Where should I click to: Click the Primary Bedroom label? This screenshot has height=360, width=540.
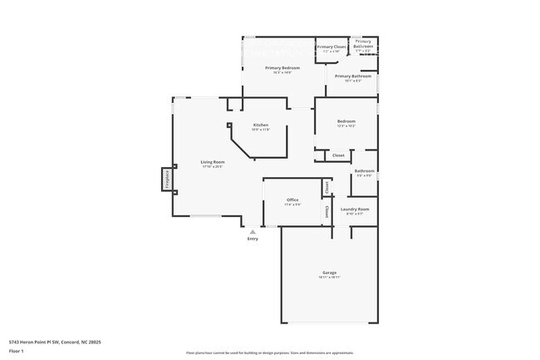(282, 67)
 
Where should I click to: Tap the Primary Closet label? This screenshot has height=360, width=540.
(331, 47)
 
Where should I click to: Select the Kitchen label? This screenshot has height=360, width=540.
(261, 125)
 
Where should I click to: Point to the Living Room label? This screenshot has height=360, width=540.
(213, 161)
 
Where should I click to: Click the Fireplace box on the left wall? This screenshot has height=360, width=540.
(166, 180)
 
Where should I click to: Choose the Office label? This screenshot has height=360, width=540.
(292, 200)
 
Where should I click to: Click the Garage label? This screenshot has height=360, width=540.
(329, 273)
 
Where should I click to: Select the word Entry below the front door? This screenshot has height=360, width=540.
(253, 239)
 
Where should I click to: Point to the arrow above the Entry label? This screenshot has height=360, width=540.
(253, 230)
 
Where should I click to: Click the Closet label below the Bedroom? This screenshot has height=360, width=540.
(338, 155)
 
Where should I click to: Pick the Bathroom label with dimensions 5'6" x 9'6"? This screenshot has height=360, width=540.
(365, 170)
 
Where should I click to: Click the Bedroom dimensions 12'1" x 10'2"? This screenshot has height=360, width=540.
(346, 126)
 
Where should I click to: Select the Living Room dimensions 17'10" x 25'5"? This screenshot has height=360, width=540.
(213, 166)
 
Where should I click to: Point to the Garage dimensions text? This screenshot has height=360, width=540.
(329, 278)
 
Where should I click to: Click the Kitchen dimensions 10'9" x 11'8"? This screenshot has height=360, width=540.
(261, 130)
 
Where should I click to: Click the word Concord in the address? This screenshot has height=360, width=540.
(71, 341)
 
